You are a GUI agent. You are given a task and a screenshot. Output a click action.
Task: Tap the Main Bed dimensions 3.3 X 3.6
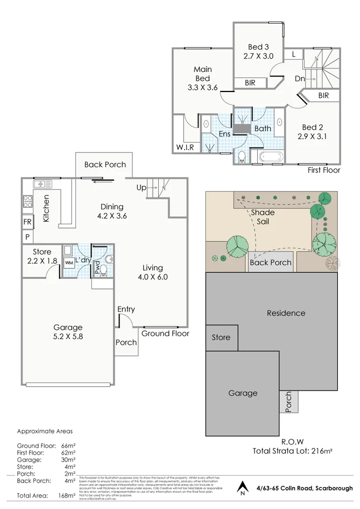[202, 88]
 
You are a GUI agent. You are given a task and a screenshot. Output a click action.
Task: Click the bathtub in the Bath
[270, 158]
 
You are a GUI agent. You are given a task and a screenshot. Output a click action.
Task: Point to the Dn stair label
[300, 78]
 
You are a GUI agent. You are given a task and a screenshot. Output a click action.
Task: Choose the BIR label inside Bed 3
[250, 83]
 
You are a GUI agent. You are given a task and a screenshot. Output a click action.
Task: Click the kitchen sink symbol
[42, 184]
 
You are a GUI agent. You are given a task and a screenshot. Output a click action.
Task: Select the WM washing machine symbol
[69, 263]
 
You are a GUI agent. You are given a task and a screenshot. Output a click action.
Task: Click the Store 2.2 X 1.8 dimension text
[42, 261]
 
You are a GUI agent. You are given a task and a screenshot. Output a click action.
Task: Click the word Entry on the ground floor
[126, 309]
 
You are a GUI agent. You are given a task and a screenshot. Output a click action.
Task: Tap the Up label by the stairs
[141, 188]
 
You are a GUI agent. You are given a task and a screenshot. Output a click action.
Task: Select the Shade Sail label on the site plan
[263, 216]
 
